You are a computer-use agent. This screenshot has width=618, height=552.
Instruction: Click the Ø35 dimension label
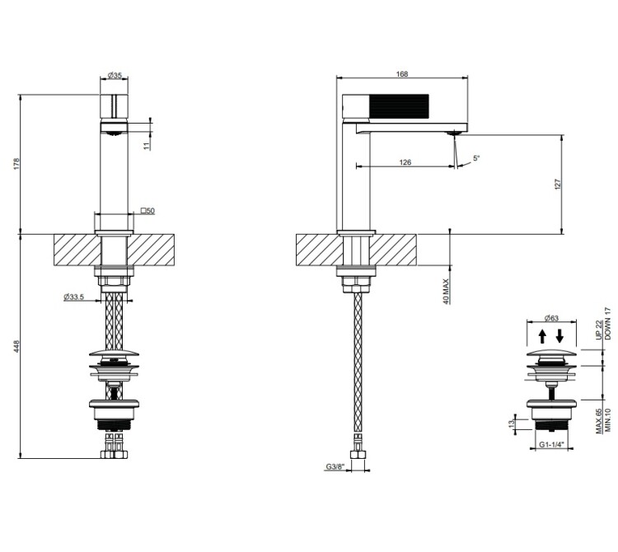point(115,75)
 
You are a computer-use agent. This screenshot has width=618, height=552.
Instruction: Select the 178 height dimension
point(16,164)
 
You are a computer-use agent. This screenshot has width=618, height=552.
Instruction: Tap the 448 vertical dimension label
point(16,347)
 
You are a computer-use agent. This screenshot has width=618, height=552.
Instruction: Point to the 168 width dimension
point(402,73)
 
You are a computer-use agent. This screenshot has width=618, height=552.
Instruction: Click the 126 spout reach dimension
point(405,162)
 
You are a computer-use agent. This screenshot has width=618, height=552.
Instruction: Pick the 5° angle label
point(476,158)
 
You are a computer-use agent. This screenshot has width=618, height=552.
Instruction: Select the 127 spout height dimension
point(557,185)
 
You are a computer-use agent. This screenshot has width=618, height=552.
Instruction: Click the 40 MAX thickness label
point(446,291)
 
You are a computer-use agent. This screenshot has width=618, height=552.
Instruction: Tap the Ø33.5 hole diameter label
point(73,297)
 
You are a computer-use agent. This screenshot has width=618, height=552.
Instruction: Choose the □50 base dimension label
point(147,211)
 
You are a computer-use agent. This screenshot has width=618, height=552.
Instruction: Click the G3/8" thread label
point(335,467)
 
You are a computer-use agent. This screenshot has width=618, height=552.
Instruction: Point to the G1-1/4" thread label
point(551,444)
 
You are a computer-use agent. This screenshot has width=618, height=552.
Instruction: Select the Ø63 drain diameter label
point(551,318)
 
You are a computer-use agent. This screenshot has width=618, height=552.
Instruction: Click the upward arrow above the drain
point(542,336)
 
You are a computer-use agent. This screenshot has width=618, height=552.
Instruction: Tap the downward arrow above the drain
point(559,336)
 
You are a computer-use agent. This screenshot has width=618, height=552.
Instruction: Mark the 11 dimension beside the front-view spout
point(147,146)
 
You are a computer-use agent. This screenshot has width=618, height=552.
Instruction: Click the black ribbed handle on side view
point(399,106)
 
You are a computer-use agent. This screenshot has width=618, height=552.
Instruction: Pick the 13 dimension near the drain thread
point(512,424)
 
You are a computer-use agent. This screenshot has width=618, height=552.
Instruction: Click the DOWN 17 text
point(607,324)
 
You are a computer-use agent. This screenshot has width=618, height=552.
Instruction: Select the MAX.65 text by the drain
point(599,421)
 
